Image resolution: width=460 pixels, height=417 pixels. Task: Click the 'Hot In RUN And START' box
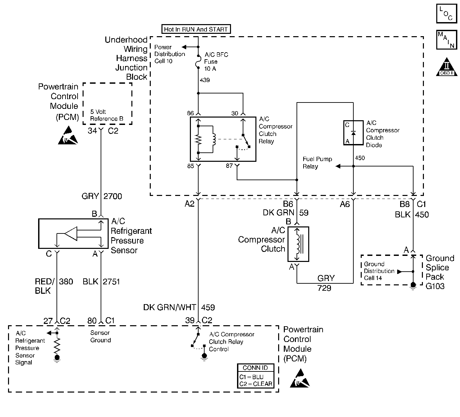pos(196,29)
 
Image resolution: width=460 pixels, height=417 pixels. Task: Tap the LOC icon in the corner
pos(446,13)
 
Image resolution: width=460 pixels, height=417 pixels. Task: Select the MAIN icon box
pos(446,40)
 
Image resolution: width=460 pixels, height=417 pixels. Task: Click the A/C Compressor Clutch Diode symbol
pos(353,133)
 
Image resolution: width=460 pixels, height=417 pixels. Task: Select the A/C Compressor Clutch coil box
pos(298,244)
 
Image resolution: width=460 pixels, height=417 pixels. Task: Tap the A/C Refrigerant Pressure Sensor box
pos(74,233)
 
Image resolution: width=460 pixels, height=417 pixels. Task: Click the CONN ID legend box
pos(256,376)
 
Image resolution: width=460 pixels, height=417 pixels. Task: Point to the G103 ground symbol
pos(413,285)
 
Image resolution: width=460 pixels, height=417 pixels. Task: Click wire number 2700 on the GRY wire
pos(113,196)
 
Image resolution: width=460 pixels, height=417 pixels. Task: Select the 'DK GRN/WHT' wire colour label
pos(169,307)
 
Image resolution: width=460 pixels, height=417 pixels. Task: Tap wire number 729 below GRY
pos(324,288)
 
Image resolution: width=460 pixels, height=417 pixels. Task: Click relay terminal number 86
pos(190,113)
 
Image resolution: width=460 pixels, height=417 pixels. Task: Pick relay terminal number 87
pos(229,166)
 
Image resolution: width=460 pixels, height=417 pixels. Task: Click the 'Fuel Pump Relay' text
pos(317,163)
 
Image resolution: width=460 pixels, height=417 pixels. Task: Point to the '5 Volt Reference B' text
pos(107,115)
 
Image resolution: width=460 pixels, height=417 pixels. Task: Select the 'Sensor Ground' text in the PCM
pos(101,336)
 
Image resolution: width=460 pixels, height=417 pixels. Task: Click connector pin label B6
pos(288,204)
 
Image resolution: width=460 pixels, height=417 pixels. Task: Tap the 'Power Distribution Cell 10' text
pos(169,54)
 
